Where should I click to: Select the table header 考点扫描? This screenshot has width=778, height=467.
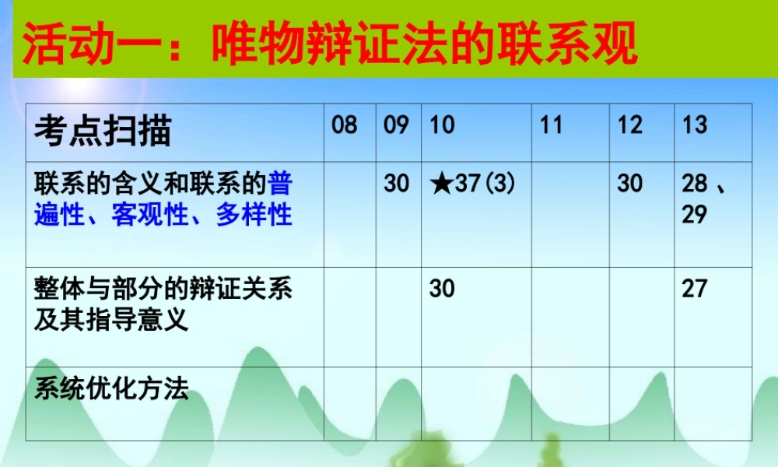(x=102, y=131)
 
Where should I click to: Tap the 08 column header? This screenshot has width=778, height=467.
(x=345, y=125)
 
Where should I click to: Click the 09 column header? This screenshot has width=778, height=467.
(x=397, y=125)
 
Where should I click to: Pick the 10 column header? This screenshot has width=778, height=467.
(x=442, y=125)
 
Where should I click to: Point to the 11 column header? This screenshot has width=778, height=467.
(x=551, y=125)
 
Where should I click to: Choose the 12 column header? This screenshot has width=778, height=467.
(x=630, y=125)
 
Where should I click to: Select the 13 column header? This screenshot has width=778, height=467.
(x=695, y=125)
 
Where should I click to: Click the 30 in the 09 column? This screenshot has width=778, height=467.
(x=397, y=184)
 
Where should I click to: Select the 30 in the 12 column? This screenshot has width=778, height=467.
(x=630, y=184)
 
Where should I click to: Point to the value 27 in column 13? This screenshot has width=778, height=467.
(x=695, y=289)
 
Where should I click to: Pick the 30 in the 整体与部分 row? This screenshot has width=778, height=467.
(x=442, y=289)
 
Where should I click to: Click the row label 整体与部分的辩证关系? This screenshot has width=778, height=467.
(x=163, y=290)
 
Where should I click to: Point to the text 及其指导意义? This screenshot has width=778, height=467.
(x=111, y=319)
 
